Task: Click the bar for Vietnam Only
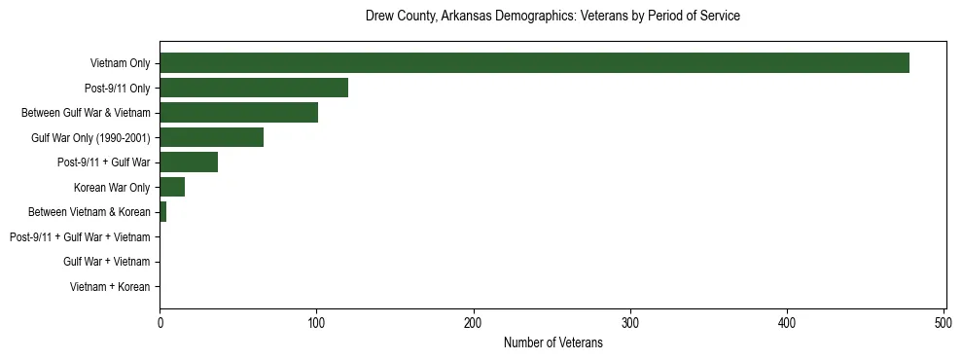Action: point(534,63)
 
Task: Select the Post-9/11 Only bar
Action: point(254,89)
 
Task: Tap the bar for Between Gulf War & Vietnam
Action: point(238,113)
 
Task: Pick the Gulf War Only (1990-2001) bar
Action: point(211,138)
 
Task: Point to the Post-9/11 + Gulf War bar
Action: point(189,162)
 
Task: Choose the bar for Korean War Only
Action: point(172,188)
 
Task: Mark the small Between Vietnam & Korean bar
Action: point(163,212)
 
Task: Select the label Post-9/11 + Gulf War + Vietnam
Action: point(80,237)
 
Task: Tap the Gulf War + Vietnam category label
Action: point(107,262)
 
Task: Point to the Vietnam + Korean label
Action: point(110,287)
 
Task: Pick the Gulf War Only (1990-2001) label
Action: point(90,138)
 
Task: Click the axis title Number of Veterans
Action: point(552,343)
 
